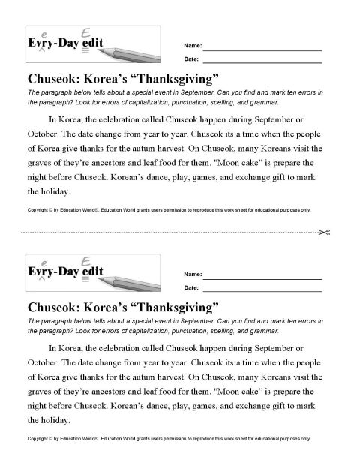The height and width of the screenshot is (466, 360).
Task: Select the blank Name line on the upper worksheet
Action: point(262,47)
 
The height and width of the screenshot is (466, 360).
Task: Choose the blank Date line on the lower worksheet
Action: point(262,287)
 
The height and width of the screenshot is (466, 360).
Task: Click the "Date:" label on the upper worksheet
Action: point(191,59)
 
